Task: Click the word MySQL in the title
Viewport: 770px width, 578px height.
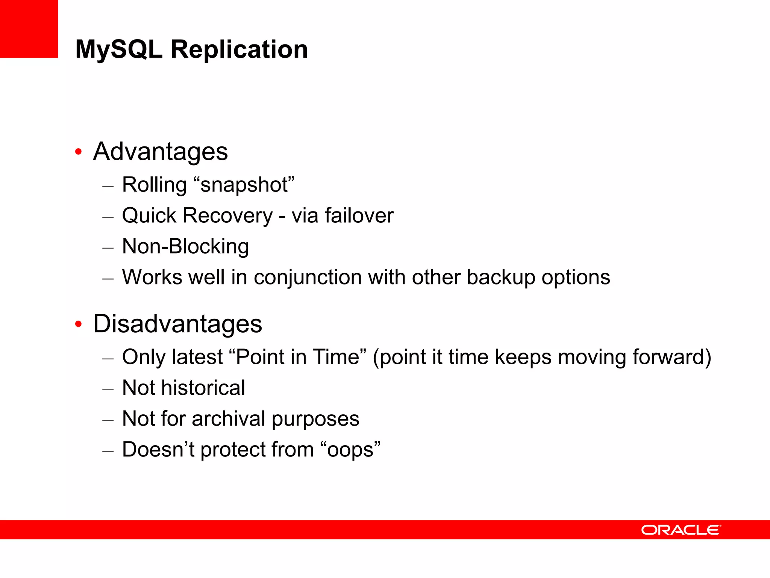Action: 118,49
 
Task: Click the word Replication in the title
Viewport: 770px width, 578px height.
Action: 239,49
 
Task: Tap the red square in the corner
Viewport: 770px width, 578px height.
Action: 29,29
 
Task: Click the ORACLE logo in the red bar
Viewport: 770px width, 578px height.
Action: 681,530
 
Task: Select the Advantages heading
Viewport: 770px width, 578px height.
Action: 160,151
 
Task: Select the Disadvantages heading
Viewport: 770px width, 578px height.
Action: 177,324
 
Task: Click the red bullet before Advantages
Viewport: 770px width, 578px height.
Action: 78,152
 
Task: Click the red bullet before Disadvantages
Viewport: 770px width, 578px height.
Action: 78,324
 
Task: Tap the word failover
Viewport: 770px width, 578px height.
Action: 359,216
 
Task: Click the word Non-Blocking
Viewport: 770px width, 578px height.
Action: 185,246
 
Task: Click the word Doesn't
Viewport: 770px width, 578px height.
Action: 158,449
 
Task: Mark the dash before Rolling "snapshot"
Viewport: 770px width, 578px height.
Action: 108,186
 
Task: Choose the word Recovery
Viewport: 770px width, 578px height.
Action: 228,216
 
